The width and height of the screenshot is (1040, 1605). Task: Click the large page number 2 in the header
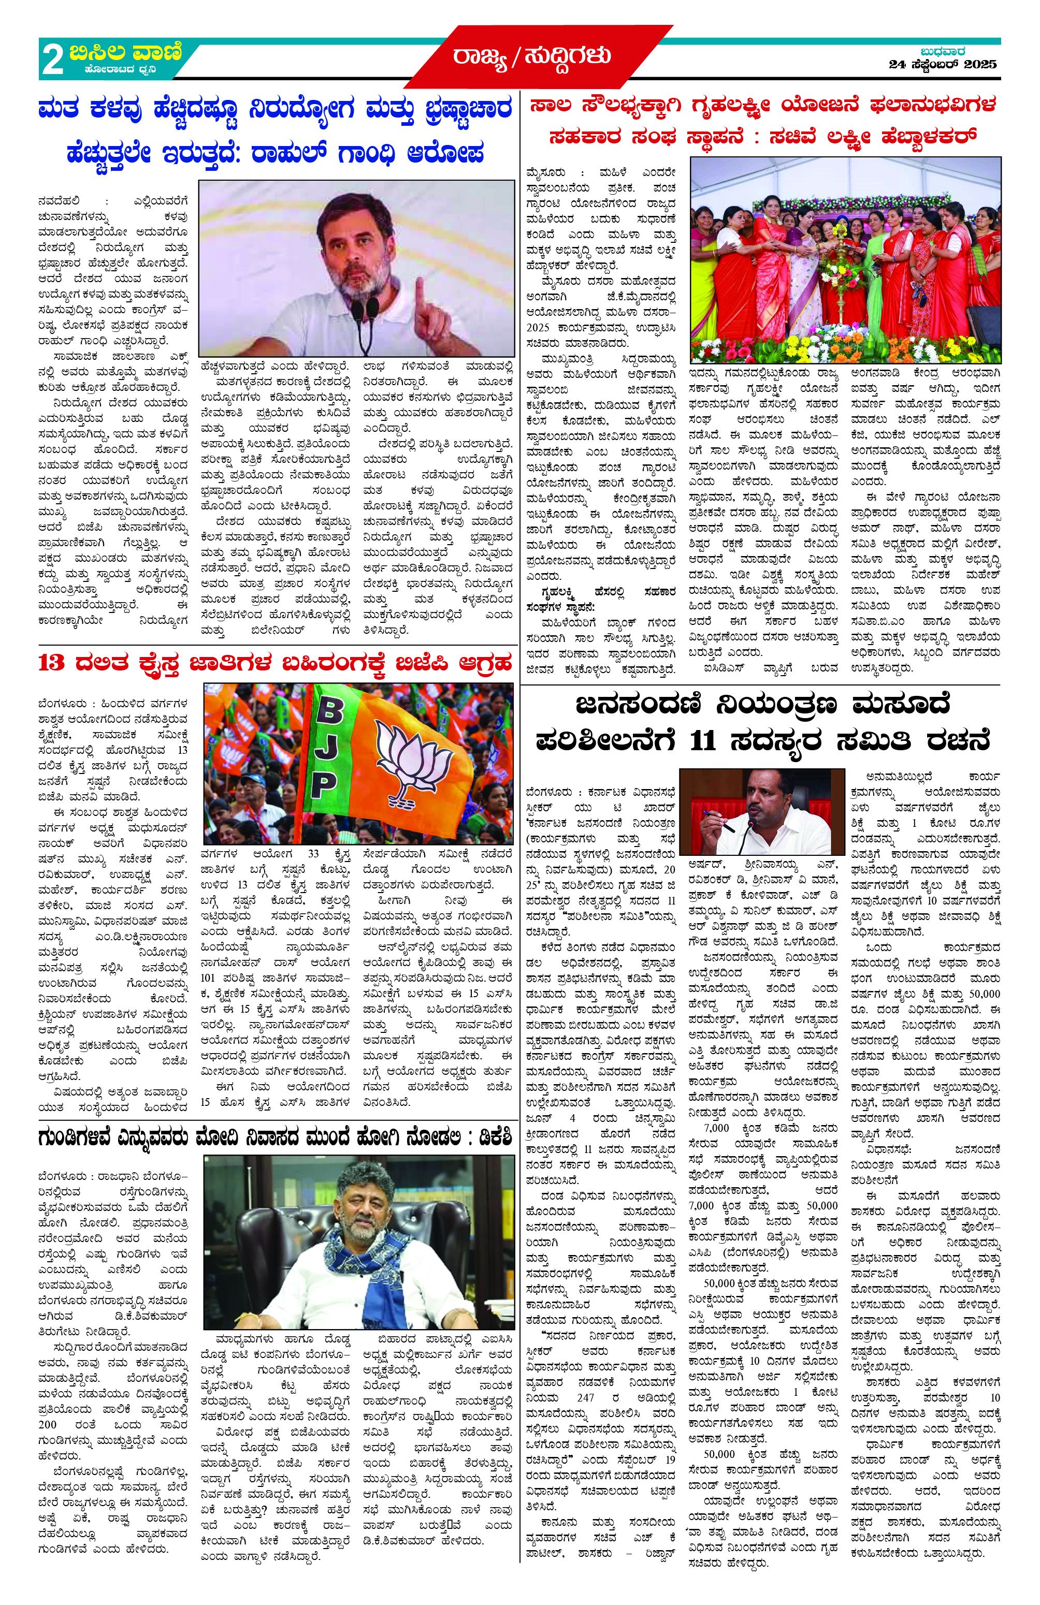53,60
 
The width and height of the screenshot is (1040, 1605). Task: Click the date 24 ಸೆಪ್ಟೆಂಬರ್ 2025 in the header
942,65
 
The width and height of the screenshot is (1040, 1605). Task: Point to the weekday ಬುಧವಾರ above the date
942,51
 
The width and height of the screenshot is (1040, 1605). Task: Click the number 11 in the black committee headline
702,741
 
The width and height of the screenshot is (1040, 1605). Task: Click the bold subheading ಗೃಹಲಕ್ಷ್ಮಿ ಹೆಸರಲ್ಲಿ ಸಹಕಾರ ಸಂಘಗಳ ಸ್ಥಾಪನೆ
600,599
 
